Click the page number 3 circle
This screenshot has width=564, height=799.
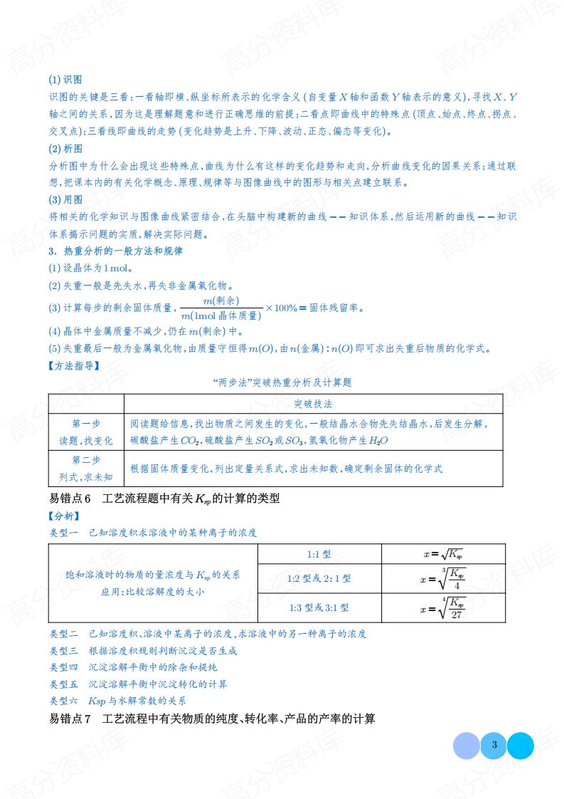click(x=494, y=745)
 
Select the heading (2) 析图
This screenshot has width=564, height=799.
click(x=65, y=149)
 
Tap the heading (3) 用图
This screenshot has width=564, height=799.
click(x=65, y=199)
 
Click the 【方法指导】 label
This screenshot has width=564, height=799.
click(x=74, y=366)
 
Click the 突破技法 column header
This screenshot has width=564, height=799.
click(x=313, y=403)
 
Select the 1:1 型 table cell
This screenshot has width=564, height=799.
click(x=318, y=553)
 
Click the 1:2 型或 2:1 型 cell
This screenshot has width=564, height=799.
click(x=319, y=579)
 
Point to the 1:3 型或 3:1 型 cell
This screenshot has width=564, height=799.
click(x=319, y=608)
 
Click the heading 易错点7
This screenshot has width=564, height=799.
click(x=212, y=719)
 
